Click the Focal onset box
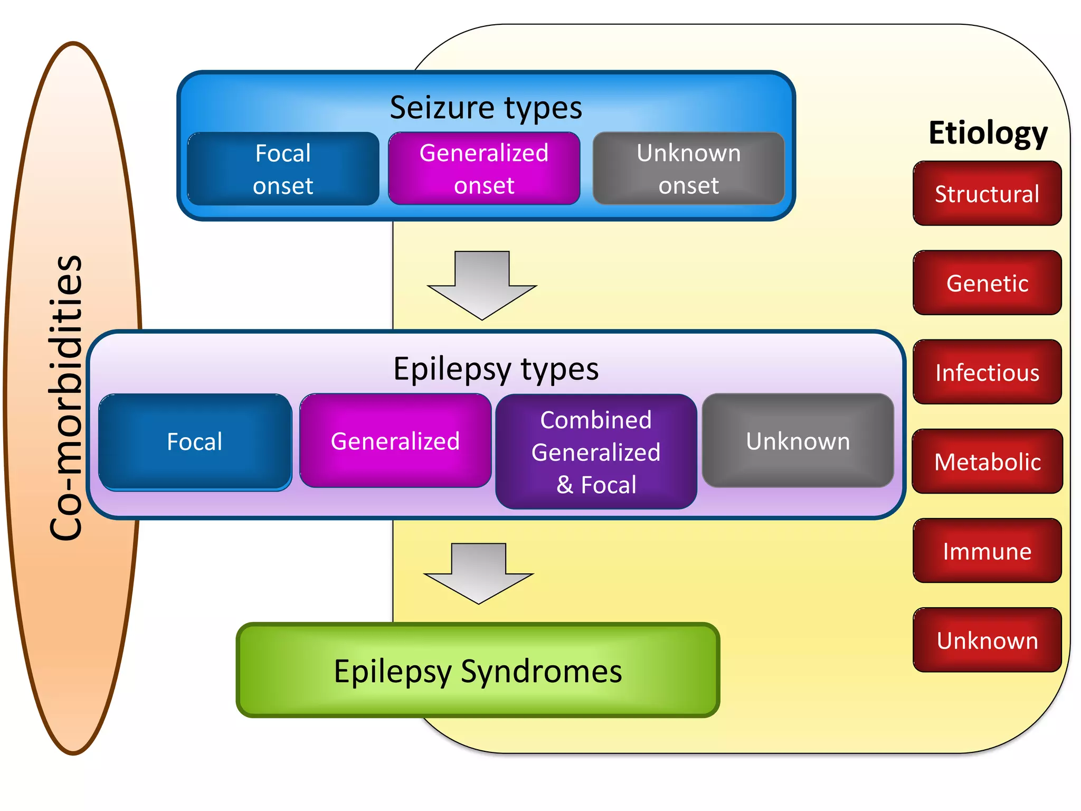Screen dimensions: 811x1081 (x=283, y=169)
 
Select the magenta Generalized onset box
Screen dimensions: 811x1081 (x=484, y=169)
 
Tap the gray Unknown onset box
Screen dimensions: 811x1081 (x=688, y=169)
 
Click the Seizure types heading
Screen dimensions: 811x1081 (x=486, y=108)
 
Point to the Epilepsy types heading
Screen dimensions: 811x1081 (x=496, y=369)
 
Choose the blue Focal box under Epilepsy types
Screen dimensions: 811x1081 (x=195, y=442)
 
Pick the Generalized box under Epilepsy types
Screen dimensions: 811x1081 (x=395, y=441)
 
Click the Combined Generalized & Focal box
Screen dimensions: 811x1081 (x=596, y=452)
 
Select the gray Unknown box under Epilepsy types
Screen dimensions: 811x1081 (x=798, y=441)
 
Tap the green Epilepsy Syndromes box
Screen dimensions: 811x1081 (x=478, y=671)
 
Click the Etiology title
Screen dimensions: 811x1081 (x=988, y=133)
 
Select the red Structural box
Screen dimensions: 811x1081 (x=987, y=194)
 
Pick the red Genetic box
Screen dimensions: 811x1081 (x=987, y=283)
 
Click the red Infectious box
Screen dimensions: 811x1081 (x=987, y=372)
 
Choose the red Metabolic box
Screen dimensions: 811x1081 (x=987, y=461)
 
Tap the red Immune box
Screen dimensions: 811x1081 (x=987, y=551)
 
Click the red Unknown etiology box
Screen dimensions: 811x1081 (x=987, y=640)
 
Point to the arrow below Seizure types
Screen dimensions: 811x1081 (x=482, y=285)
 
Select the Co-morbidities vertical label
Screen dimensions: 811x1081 (x=67, y=399)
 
